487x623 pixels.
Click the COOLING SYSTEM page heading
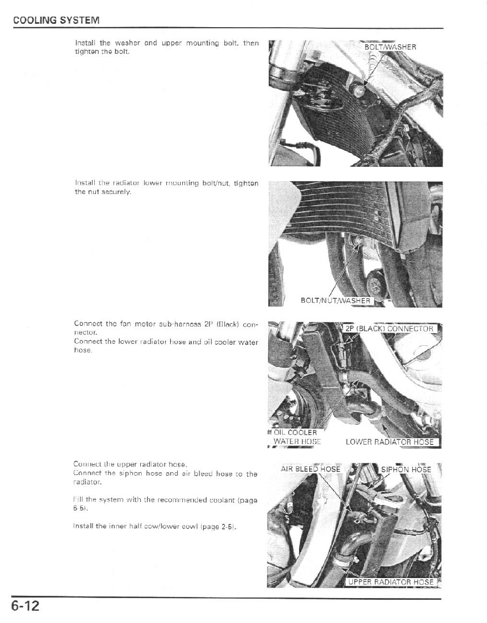[56, 21]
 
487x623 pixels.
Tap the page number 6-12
[25, 606]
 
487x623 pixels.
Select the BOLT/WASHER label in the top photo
[389, 47]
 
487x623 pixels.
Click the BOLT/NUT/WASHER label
[335, 300]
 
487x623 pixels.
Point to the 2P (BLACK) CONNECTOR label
[389, 328]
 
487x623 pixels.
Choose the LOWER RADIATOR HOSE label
[389, 442]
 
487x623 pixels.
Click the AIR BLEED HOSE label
[310, 469]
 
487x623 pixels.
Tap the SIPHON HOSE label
[406, 469]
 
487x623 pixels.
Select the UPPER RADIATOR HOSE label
[391, 582]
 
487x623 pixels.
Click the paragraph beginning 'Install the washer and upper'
[166, 47]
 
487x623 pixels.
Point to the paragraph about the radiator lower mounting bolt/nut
[166, 187]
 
